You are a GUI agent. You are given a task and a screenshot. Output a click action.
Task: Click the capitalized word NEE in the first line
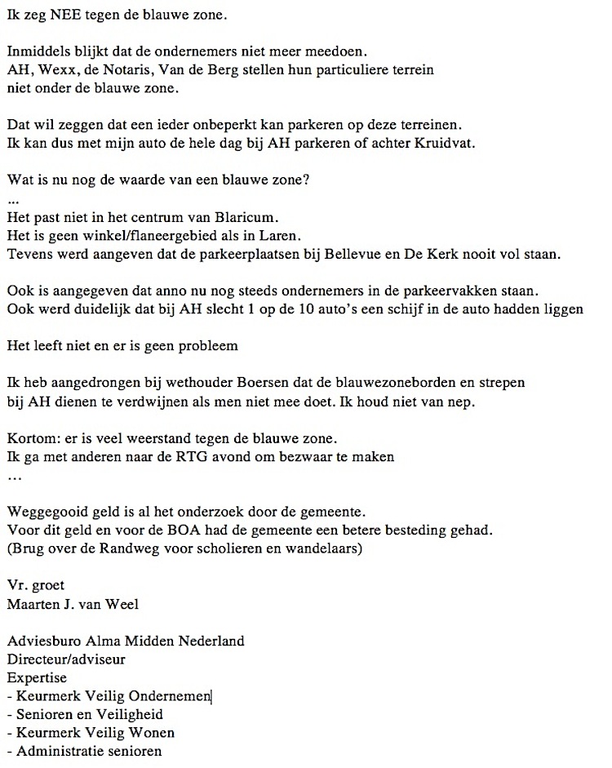point(59,15)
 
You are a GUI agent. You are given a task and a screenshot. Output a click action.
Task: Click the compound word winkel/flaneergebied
point(136,236)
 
